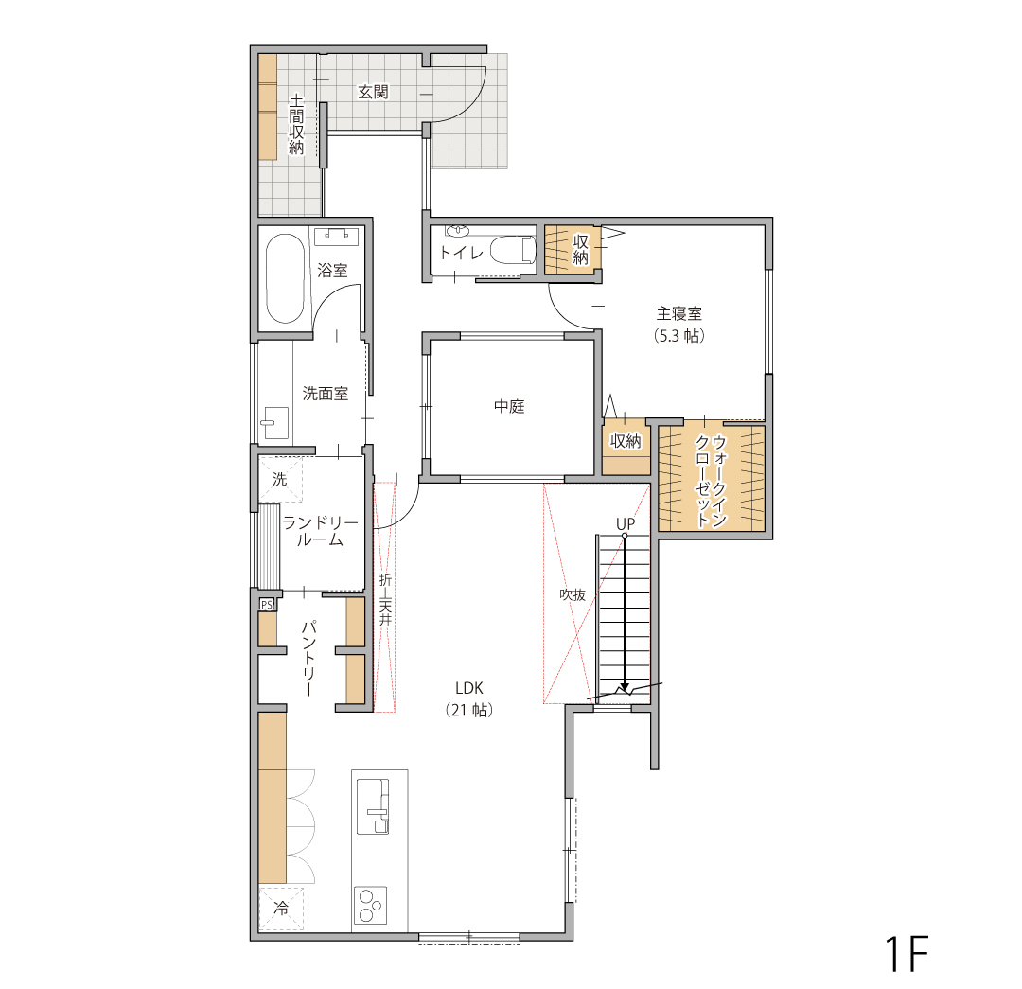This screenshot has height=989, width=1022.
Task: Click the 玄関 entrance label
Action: click(x=373, y=92)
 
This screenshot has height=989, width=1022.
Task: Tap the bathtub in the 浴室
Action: click(x=285, y=278)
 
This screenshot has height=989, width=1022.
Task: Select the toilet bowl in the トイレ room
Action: click(x=512, y=251)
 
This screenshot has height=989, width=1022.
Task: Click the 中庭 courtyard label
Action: click(x=509, y=406)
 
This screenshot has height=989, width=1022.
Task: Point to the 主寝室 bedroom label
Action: click(x=679, y=313)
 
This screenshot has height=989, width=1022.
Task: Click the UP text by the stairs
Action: click(x=626, y=523)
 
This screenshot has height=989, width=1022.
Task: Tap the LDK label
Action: click(x=469, y=688)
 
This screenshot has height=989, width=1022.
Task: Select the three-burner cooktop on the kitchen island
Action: click(x=370, y=905)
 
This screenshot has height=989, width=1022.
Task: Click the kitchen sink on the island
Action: click(x=373, y=806)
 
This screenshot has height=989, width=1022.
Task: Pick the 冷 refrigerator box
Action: click(x=281, y=909)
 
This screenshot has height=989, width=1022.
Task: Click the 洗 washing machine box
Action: click(x=280, y=479)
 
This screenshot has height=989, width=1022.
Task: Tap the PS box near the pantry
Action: click(x=267, y=605)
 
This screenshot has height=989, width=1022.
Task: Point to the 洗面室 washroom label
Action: click(x=326, y=393)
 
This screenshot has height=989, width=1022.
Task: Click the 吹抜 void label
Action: click(x=573, y=594)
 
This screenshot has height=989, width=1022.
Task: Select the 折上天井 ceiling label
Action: click(x=385, y=599)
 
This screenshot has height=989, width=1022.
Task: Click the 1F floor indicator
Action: click(x=906, y=954)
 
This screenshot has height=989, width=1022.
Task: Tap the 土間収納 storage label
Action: click(x=296, y=124)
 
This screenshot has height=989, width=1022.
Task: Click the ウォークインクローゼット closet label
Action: click(x=711, y=481)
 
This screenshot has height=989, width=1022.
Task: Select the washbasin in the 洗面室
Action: click(x=275, y=423)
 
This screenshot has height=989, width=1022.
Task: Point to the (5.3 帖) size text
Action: click(x=679, y=336)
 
